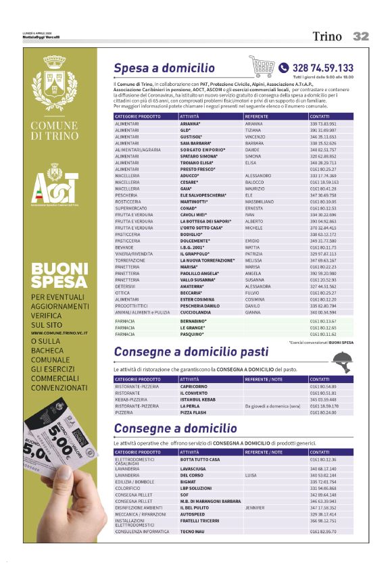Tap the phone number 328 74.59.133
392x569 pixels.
click(x=322, y=68)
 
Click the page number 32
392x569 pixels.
click(x=361, y=36)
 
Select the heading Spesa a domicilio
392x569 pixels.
click(x=164, y=68)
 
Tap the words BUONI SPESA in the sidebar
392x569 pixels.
click(x=59, y=275)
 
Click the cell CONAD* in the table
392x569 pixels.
click(x=189, y=208)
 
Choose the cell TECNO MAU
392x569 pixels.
click(x=193, y=532)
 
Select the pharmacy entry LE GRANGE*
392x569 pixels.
click(x=193, y=328)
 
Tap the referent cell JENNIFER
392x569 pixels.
click(x=255, y=507)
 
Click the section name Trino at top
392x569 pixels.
click(x=326, y=37)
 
